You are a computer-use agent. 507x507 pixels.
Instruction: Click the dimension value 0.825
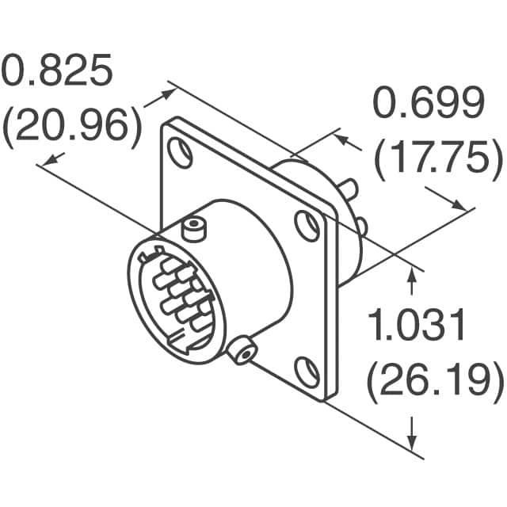57,73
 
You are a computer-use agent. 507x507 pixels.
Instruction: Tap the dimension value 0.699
429,105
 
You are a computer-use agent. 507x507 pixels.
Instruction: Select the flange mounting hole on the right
307,225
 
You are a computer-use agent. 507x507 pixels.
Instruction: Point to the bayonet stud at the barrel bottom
242,349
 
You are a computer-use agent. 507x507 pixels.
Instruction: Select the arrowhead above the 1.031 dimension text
412,273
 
